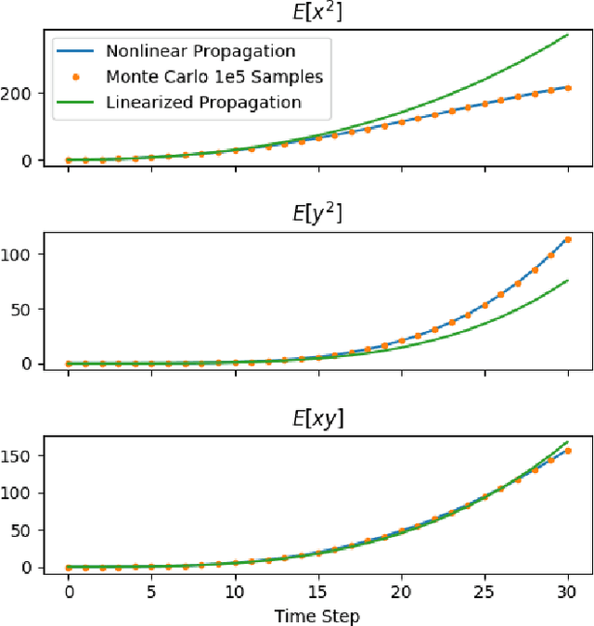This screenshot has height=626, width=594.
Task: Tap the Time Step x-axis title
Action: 318,615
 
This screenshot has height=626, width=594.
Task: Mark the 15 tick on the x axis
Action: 318,592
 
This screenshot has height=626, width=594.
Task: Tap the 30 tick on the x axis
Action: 568,592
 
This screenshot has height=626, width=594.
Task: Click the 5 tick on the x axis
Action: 152,592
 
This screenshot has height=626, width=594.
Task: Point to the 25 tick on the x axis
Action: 484,592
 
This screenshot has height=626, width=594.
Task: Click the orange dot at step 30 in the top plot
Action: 568,88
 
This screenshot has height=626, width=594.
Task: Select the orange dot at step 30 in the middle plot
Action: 568,239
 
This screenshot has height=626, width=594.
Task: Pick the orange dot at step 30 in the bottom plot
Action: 568,451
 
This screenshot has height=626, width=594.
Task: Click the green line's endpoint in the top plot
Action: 568,34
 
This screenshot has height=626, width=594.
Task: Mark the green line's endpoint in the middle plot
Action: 568,280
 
